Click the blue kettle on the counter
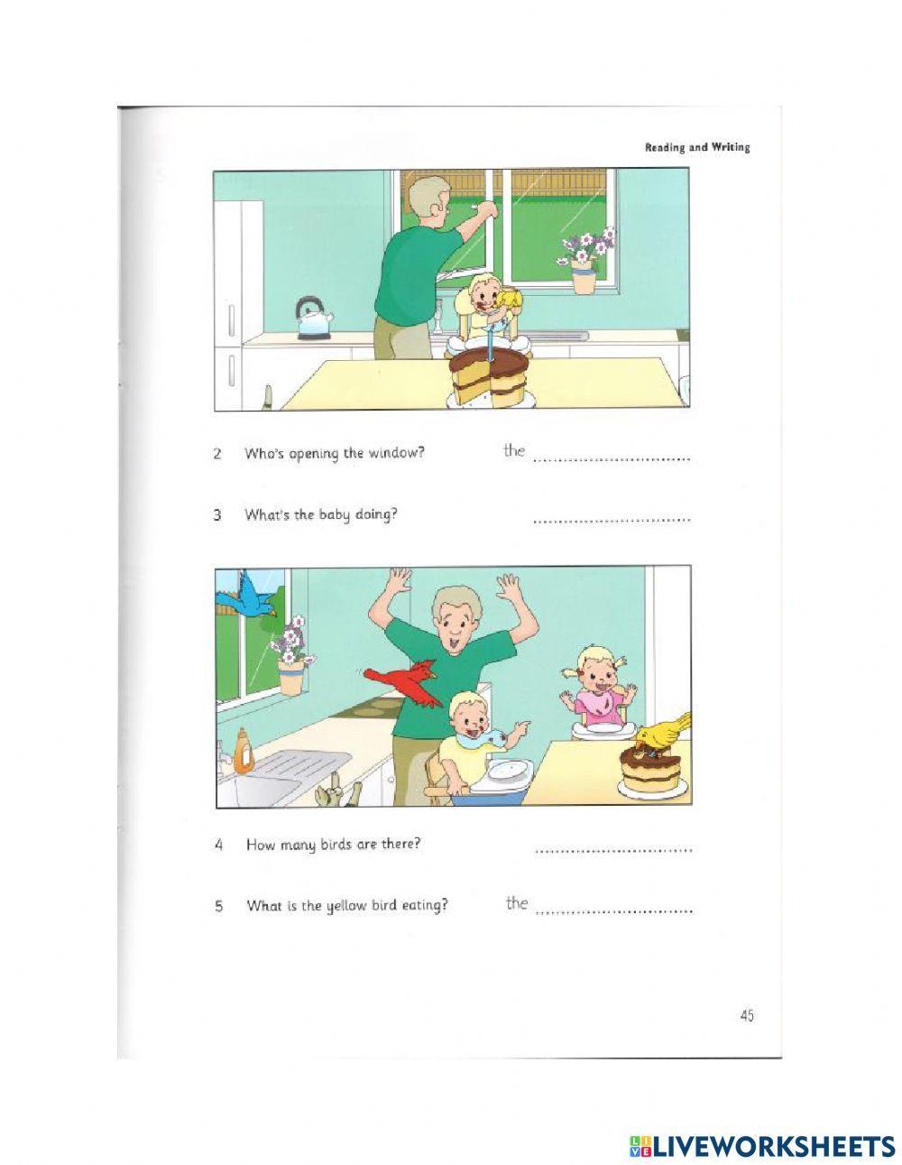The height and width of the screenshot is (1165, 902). [x=313, y=319]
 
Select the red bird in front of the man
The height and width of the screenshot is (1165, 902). [x=404, y=679]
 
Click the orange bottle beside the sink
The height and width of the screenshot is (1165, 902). [x=242, y=751]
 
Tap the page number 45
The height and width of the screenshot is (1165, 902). [x=746, y=1015]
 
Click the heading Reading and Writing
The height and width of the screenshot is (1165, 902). [x=696, y=147]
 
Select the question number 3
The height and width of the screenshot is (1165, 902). [x=217, y=516]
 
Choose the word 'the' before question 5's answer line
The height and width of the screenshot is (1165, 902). [x=516, y=902]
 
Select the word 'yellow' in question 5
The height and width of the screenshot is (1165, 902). [x=346, y=906]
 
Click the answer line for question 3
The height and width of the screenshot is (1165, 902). [x=612, y=519]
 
